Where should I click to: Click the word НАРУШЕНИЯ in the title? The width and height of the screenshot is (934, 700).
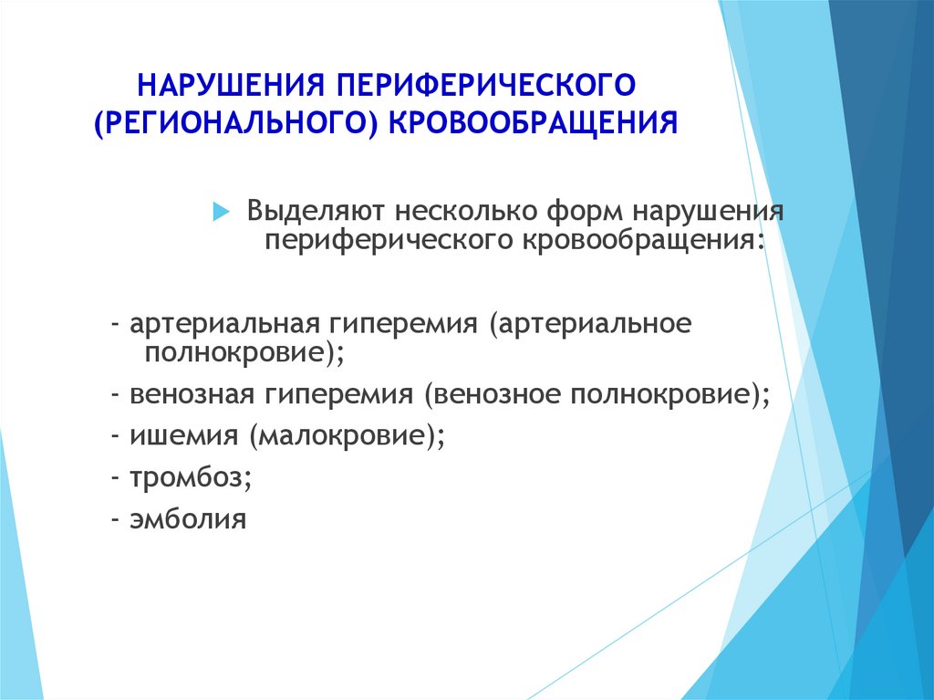pos(231,85)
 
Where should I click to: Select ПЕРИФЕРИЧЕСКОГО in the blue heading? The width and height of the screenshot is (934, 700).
pos(487,85)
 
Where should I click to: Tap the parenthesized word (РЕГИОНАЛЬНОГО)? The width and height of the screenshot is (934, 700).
pos(236,123)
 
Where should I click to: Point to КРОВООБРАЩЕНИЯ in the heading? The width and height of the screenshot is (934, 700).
pos(533,123)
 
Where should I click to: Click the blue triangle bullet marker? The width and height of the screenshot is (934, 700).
pos(221,211)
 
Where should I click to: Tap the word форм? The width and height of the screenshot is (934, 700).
pos(584,211)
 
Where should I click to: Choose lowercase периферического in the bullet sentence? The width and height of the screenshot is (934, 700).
pos(389,240)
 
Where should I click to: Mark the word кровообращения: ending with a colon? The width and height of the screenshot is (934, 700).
pos(643,240)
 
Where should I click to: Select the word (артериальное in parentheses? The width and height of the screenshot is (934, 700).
pos(590,324)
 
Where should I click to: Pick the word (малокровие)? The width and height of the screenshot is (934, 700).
pos(348,436)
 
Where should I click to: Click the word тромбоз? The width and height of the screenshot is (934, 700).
pos(191,478)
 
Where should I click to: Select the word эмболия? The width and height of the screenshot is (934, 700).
pos(188,518)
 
